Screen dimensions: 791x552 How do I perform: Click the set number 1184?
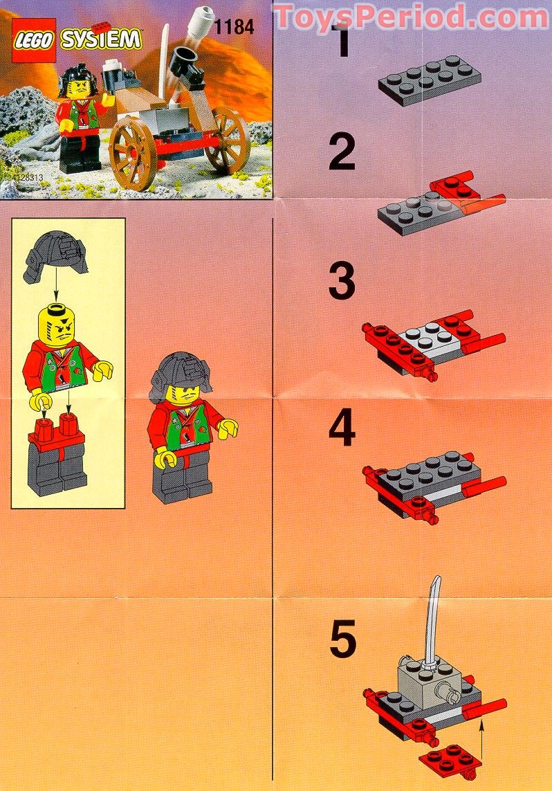[x=234, y=28]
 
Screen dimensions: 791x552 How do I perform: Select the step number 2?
[x=342, y=154]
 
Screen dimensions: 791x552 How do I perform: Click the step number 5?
[x=342, y=639]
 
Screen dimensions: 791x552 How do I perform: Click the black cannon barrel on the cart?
[x=185, y=64]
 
